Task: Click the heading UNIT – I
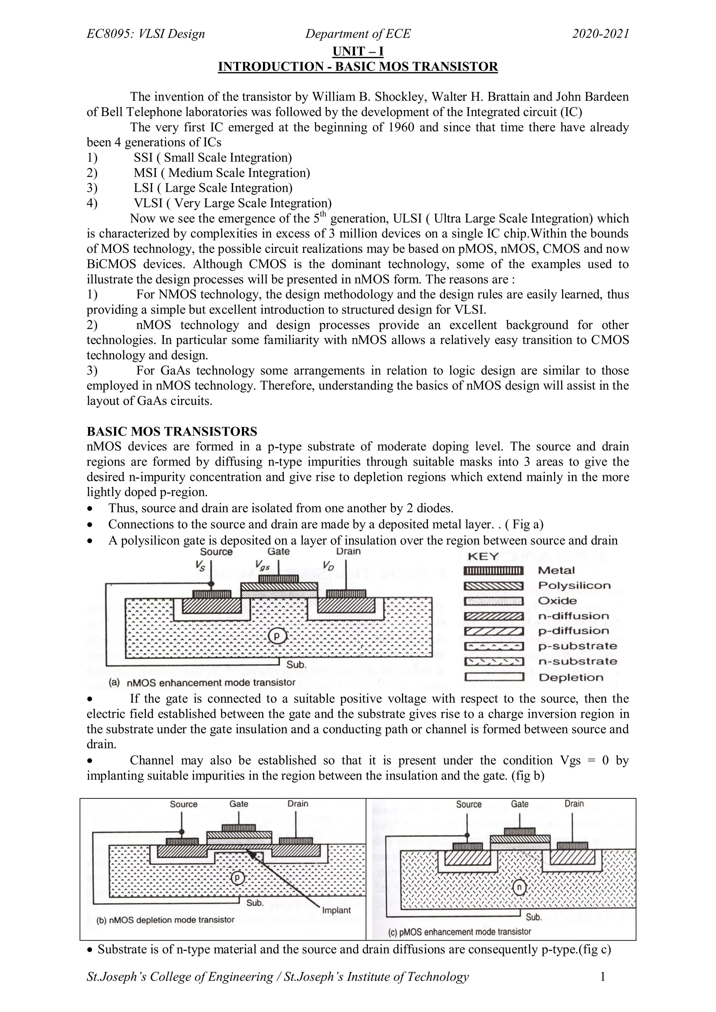coord(358,52)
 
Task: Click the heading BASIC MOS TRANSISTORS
coord(172,431)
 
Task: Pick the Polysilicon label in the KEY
coord(574,586)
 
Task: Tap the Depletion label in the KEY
coord(571,678)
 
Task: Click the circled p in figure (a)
coord(277,636)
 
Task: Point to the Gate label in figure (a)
coord(279,551)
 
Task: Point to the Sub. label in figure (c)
coord(534,917)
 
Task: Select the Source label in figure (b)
coord(184,804)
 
